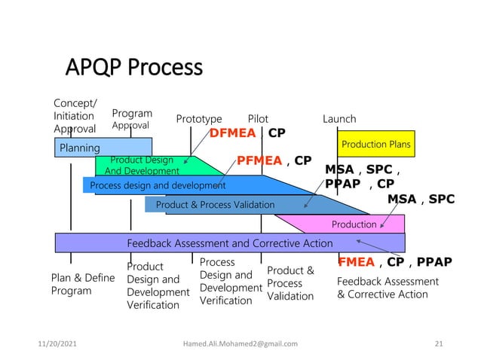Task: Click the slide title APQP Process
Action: (134, 69)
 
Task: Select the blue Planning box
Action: (103, 147)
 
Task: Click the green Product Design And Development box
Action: (143, 166)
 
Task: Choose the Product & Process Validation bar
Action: (215, 204)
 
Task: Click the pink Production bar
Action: (354, 224)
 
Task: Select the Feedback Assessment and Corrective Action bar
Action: (229, 243)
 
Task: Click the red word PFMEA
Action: (260, 160)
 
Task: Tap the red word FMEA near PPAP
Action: (356, 262)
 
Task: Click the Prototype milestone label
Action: (199, 119)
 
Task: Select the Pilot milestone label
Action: (258, 119)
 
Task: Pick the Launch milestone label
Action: (339, 119)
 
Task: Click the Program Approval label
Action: (131, 119)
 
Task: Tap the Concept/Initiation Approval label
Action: (74, 116)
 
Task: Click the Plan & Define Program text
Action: (82, 284)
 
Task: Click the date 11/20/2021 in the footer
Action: (58, 343)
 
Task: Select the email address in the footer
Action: (240, 343)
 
